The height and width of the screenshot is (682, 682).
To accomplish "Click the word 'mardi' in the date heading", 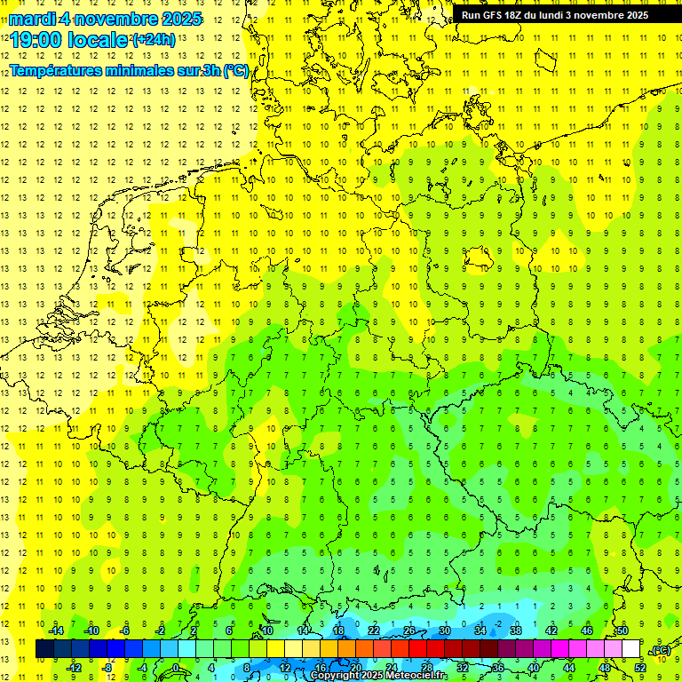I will coord(32,19).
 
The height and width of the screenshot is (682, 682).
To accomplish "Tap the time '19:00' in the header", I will coord(38,40).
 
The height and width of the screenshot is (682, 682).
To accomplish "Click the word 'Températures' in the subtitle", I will coord(55,71).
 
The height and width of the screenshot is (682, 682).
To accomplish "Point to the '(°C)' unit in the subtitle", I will coord(235,71).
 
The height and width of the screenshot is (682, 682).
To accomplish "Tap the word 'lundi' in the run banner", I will coord(552,15).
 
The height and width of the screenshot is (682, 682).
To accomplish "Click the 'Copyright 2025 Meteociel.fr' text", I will coord(379,676).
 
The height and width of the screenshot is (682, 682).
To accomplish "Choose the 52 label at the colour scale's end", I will coord(639,667).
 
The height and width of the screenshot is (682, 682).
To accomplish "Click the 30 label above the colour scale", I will coord(445,630).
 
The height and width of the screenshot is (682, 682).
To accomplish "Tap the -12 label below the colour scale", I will coord(75,667).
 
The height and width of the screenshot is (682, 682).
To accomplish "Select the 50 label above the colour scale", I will coord(622,630).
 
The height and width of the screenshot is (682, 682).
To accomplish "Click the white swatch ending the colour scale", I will coord(630,649).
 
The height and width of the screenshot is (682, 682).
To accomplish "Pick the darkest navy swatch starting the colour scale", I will coord(44,649).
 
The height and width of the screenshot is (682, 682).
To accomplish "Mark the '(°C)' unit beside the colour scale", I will coord(661,650).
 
